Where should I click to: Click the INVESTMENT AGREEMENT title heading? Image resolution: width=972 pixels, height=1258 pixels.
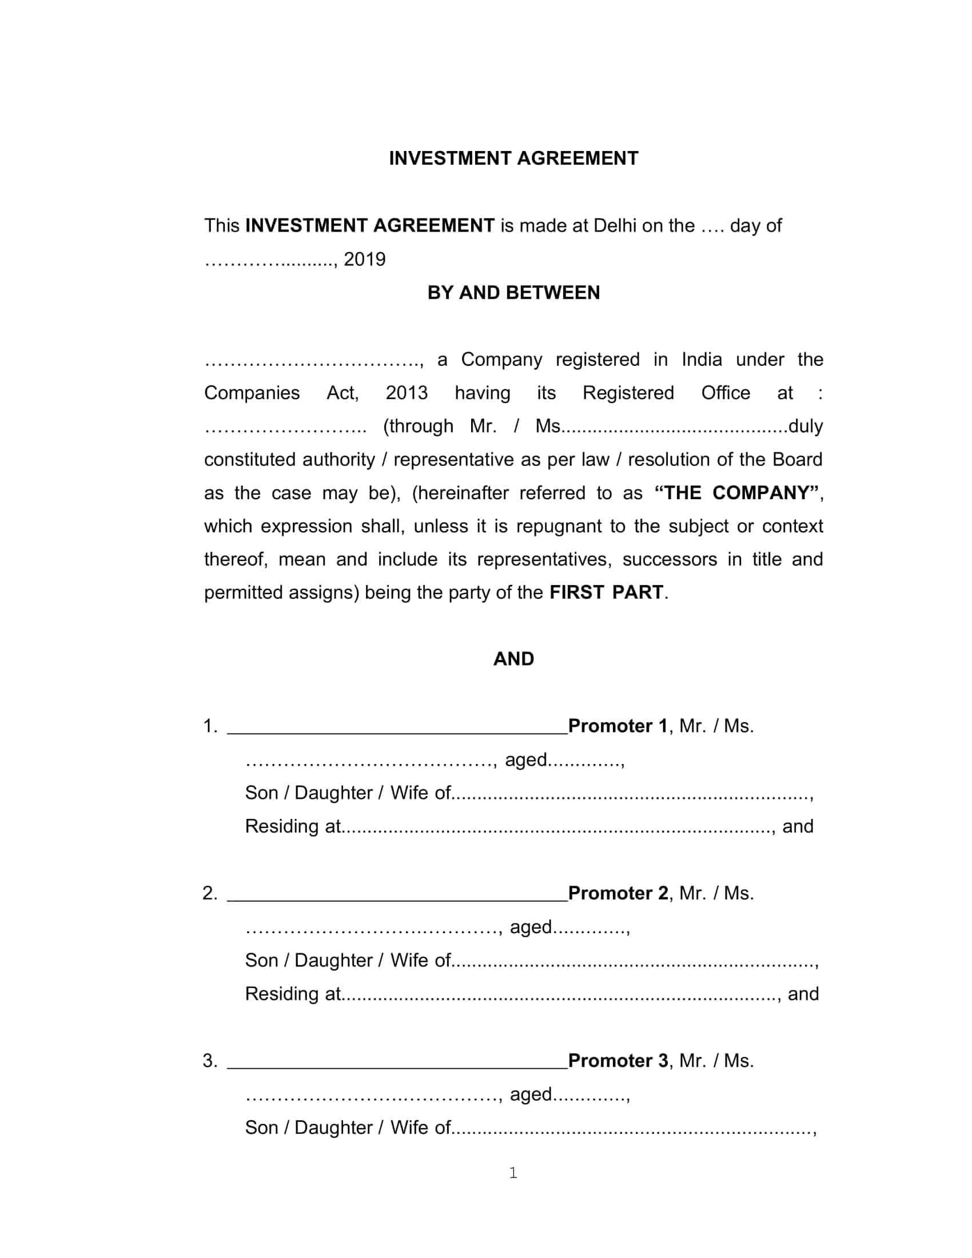click(x=513, y=158)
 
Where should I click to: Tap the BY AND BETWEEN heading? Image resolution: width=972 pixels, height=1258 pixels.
click(x=513, y=293)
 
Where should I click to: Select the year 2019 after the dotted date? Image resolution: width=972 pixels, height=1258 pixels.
click(x=365, y=260)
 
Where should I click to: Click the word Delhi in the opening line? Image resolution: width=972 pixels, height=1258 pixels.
click(x=615, y=226)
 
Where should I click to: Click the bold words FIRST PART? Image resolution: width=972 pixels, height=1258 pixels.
click(x=605, y=593)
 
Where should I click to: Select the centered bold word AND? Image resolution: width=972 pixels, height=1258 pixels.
click(x=513, y=659)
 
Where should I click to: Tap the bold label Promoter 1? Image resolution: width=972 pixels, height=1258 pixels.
click(x=618, y=726)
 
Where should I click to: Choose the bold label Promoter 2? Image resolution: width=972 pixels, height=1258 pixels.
click(x=618, y=893)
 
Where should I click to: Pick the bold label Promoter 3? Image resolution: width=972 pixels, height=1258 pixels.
click(x=618, y=1060)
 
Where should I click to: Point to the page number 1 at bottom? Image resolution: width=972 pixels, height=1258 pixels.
click(x=513, y=1173)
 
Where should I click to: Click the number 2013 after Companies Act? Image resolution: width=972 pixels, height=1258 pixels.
click(x=407, y=393)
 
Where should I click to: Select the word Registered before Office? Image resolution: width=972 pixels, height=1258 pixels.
click(x=628, y=393)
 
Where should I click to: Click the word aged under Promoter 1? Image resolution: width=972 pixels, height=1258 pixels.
click(x=525, y=761)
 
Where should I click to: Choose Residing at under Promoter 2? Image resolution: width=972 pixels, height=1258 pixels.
click(x=293, y=994)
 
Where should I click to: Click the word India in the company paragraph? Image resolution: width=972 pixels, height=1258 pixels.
click(x=702, y=360)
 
